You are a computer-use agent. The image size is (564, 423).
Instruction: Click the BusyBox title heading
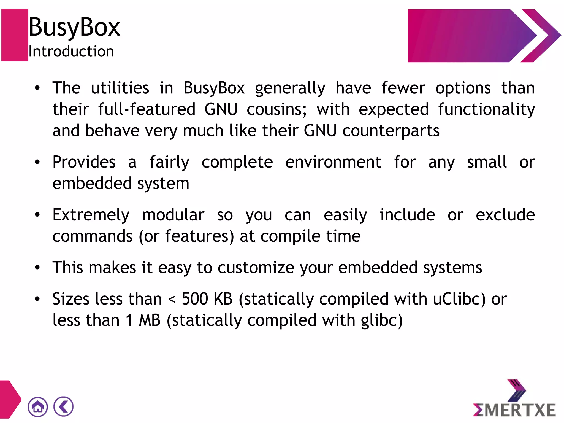point(74,27)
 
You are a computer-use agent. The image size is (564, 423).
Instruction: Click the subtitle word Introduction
point(71,52)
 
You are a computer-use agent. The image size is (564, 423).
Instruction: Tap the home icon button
point(38,407)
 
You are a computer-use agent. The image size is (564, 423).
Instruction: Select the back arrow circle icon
point(64,406)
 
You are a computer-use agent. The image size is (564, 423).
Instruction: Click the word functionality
point(486,109)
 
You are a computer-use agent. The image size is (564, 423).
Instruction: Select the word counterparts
point(391,131)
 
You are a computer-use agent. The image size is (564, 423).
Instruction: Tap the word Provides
point(84,162)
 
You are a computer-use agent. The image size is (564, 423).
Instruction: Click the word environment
point(333,162)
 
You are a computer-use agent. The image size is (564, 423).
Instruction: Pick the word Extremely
point(91,215)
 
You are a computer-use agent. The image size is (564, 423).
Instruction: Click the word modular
point(173,215)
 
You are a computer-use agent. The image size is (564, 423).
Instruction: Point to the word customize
point(256,268)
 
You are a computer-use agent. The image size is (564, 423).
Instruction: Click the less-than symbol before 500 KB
point(172,299)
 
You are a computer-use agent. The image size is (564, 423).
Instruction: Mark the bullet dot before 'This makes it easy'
point(37,267)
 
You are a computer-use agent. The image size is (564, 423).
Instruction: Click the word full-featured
point(147,109)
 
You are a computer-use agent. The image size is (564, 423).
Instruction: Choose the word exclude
point(505,215)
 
